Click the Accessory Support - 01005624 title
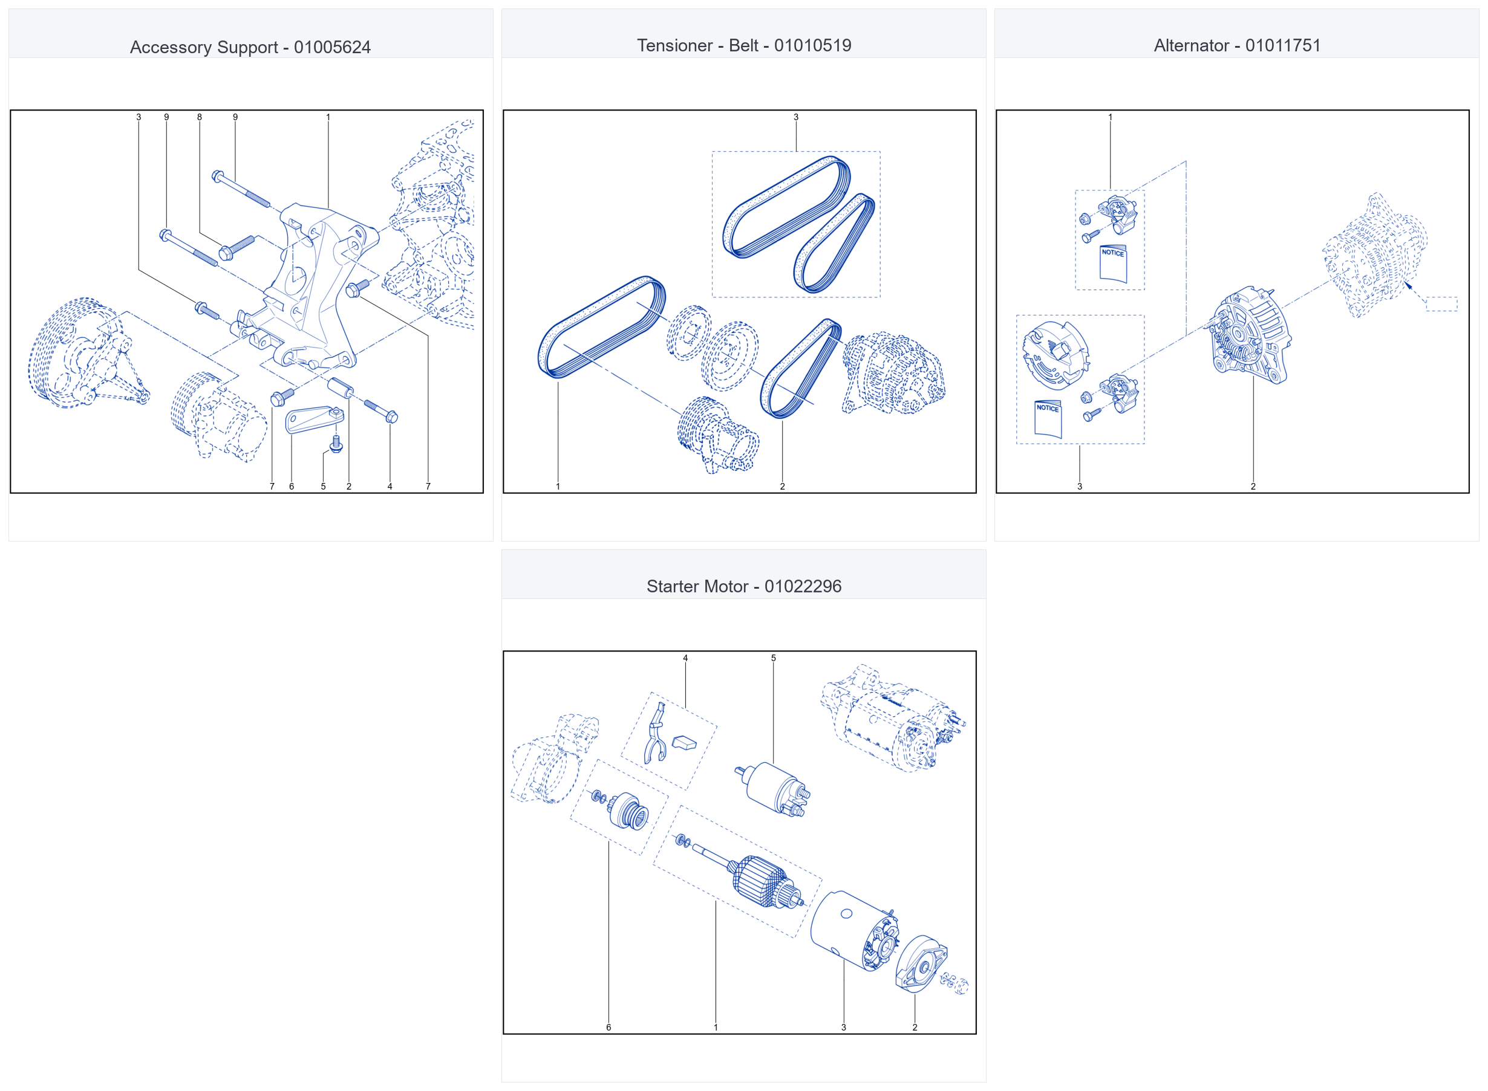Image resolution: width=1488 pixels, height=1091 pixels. click(250, 47)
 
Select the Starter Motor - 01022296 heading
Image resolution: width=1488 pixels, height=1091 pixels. click(744, 586)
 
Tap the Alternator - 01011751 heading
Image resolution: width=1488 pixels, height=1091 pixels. click(1237, 45)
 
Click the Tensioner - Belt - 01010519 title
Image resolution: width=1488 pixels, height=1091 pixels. click(744, 45)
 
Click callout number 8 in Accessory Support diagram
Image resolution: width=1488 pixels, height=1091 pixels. click(199, 117)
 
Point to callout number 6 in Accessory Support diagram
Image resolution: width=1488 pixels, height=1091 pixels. click(292, 486)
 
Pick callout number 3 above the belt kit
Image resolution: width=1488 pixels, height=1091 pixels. click(796, 117)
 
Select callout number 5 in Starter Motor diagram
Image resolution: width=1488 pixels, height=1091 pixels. click(774, 658)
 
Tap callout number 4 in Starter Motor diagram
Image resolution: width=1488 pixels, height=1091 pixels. click(685, 658)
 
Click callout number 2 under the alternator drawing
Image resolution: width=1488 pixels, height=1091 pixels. click(1253, 486)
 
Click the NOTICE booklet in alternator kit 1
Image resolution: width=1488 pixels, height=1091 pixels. click(1114, 264)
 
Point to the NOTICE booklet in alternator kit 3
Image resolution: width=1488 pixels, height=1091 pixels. click(1048, 419)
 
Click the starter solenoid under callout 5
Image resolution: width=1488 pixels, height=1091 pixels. click(773, 790)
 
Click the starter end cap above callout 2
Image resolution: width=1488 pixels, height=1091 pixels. click(921, 964)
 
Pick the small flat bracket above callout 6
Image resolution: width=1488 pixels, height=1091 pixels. click(314, 419)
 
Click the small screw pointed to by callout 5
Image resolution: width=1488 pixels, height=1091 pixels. click(336, 444)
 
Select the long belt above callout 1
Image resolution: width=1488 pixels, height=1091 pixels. click(602, 327)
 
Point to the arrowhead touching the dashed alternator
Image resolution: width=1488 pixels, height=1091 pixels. click(1408, 286)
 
